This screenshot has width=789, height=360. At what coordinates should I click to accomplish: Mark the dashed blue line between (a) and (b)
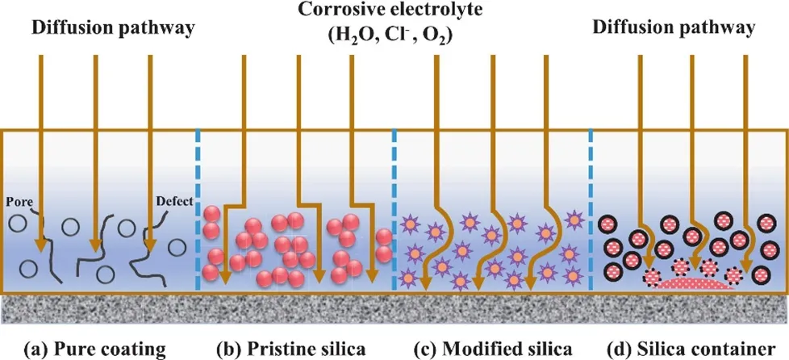198,210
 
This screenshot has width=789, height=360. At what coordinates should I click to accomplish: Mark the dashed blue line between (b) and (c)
394,210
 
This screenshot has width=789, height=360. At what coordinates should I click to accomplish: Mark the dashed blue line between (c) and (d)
591,210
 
